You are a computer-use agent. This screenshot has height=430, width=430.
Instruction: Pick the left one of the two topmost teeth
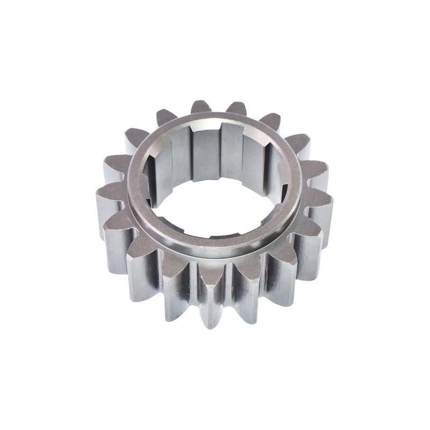pyautogui.click(x=200, y=107)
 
